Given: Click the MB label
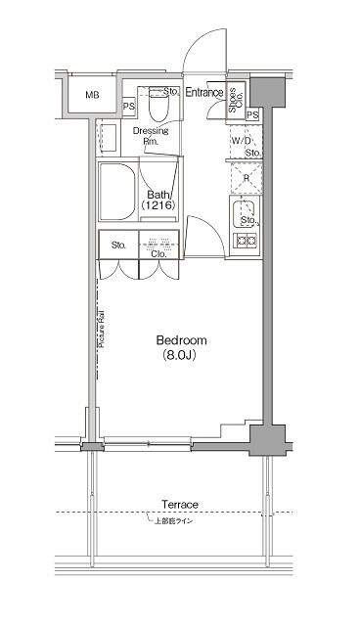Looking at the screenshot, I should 92,95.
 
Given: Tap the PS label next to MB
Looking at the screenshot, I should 129,108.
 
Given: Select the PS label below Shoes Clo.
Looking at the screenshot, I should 252,115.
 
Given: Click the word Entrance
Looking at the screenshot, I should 204,94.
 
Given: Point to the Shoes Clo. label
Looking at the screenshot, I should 235,99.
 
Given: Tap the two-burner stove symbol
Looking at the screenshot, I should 245,240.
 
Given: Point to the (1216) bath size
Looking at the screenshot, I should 159,207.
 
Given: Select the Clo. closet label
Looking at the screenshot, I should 157,253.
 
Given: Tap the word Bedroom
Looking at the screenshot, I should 181,340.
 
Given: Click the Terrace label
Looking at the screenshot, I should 180,505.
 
